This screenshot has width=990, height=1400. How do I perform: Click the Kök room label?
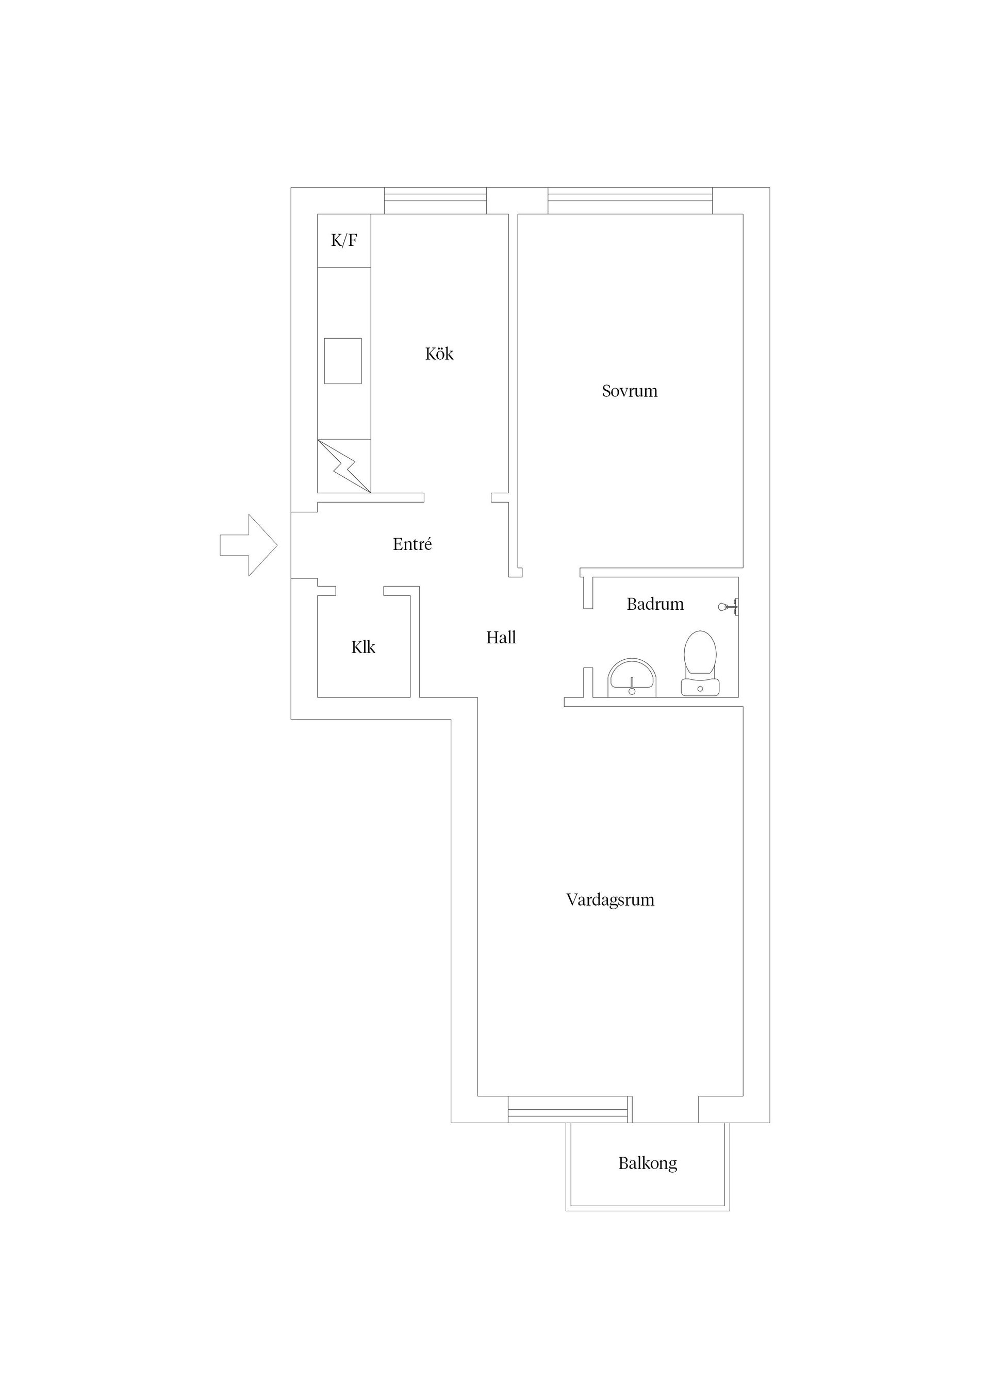pyautogui.click(x=439, y=354)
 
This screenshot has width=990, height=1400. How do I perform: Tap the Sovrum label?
pyautogui.click(x=630, y=391)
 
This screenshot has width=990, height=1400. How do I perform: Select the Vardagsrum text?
pyautogui.click(x=610, y=900)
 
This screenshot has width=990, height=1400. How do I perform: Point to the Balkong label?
pyautogui.click(x=647, y=1163)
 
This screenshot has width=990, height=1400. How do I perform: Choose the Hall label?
pyautogui.click(x=501, y=638)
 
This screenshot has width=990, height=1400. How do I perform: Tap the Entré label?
pyautogui.click(x=412, y=544)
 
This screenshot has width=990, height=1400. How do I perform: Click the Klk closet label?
pyautogui.click(x=363, y=647)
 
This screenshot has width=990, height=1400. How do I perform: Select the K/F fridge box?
pyautogui.click(x=344, y=240)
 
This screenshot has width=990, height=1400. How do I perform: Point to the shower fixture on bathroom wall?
pyautogui.click(x=728, y=607)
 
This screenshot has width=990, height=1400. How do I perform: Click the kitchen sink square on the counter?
pyautogui.click(x=342, y=361)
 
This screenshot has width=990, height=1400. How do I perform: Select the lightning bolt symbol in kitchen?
pyautogui.click(x=343, y=466)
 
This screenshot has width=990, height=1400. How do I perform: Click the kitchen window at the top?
pyautogui.click(x=435, y=201)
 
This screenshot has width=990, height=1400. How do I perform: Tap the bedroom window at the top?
pyautogui.click(x=630, y=201)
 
